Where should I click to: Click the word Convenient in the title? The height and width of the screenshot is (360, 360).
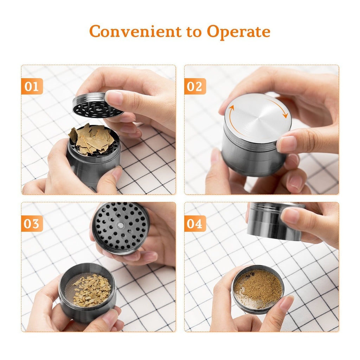point(135,31)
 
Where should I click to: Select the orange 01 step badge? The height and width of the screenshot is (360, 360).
point(32,86)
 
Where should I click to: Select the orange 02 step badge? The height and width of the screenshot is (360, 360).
point(195,86)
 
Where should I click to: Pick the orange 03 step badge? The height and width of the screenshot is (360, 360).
point(32,223)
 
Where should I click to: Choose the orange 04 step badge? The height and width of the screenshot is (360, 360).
point(195,223)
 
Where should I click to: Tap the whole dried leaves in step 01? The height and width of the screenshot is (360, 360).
point(91,139)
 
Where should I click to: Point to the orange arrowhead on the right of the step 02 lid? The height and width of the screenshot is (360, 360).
point(285,115)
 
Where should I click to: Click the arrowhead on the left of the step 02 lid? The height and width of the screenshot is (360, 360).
point(231,108)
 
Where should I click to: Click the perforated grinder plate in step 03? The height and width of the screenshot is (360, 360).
point(121,228)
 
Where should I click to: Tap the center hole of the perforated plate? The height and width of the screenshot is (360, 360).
point(120,225)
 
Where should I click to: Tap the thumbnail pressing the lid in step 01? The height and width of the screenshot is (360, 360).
point(114,97)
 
